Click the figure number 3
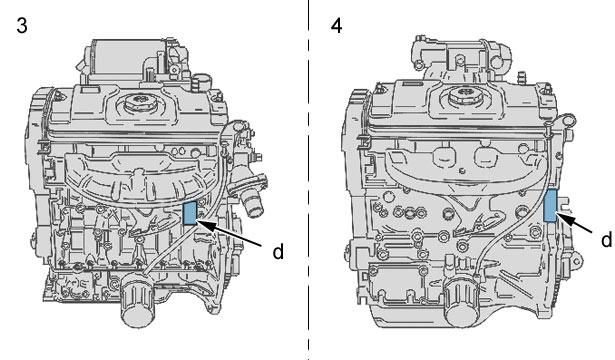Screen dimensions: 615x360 22,26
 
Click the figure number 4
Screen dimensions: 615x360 337,26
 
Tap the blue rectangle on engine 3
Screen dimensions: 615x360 190,213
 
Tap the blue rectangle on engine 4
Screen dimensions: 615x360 550,205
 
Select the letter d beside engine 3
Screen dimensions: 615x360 278,251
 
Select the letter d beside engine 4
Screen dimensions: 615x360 606,239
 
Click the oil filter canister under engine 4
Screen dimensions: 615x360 463,302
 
